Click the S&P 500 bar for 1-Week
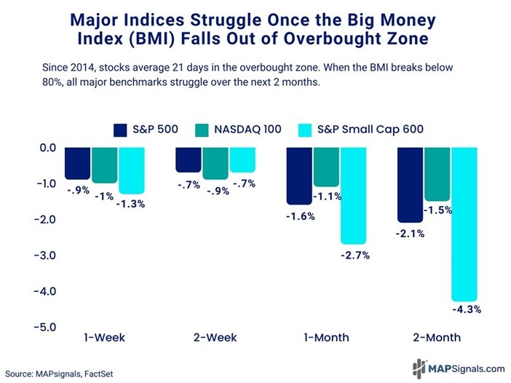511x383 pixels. click(78, 162)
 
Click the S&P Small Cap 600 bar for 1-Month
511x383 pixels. click(353, 194)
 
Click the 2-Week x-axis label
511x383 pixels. click(215, 339)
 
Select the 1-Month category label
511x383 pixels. click(327, 339)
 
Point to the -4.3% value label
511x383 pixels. click(466, 309)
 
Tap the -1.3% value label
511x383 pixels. click(132, 204)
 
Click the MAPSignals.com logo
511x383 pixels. click(458, 368)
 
